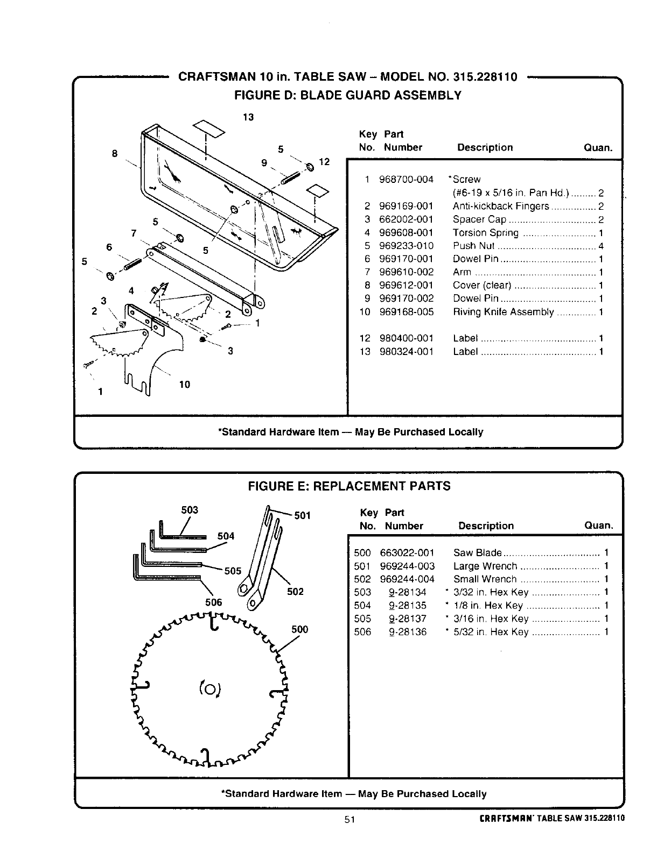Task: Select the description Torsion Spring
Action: pyautogui.click(x=485, y=232)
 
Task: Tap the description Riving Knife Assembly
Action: pyautogui.click(x=503, y=312)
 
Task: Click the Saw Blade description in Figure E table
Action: pyautogui.click(x=477, y=553)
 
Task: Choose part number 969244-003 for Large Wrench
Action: pyautogui.click(x=407, y=566)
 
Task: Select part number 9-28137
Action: pyautogui.click(x=408, y=619)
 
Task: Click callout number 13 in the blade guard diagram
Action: pyautogui.click(x=248, y=117)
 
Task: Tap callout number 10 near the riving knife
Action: pyautogui.click(x=184, y=384)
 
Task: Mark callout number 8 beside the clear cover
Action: pyautogui.click(x=114, y=153)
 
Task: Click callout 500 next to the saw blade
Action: pyautogui.click(x=299, y=629)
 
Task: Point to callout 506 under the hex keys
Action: pyautogui.click(x=213, y=602)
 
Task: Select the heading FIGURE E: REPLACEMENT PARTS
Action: pyautogui.click(x=348, y=486)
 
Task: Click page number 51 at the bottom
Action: pyautogui.click(x=350, y=819)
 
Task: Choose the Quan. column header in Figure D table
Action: pyautogui.click(x=598, y=147)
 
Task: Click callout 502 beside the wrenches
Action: pyautogui.click(x=295, y=592)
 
